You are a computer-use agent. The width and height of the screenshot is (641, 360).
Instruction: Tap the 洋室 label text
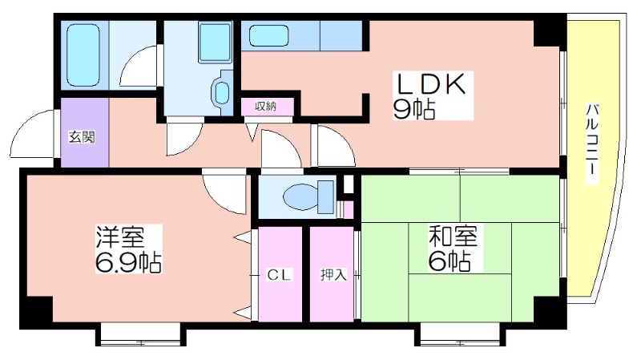[120, 237]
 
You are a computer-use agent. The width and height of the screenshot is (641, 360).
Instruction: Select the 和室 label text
[453, 237]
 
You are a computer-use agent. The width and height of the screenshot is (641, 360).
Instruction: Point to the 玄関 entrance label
[82, 137]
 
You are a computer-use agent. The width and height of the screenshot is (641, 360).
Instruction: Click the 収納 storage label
[266, 107]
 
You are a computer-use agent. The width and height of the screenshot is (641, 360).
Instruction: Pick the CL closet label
[279, 275]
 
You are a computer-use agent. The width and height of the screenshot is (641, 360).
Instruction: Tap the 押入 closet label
[333, 275]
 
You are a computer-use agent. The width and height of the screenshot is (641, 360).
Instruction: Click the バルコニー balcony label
[592, 144]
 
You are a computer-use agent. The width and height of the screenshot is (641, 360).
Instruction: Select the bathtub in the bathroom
[83, 55]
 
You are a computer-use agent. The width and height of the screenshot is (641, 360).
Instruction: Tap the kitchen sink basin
[268, 35]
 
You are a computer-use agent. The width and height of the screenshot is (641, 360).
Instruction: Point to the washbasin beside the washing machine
[222, 92]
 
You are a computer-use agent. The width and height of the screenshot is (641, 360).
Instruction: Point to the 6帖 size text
[449, 261]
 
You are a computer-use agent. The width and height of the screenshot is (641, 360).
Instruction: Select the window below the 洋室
[140, 334]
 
